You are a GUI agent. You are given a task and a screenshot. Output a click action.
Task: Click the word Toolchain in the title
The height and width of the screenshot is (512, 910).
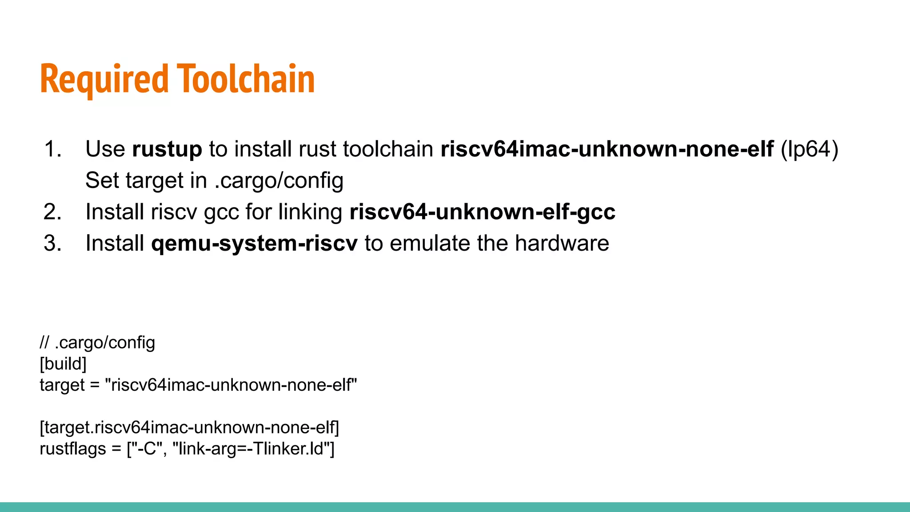point(246,79)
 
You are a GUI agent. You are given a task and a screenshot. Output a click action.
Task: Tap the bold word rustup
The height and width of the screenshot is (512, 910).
point(167,149)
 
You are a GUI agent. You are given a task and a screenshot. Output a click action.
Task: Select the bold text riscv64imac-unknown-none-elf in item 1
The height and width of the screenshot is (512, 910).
point(607,149)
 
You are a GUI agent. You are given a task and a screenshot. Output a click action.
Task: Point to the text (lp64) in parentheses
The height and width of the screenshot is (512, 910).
point(809,149)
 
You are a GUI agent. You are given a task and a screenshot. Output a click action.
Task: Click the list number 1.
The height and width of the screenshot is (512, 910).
point(53,149)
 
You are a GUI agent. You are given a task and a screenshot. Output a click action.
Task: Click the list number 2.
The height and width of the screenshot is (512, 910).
point(53,212)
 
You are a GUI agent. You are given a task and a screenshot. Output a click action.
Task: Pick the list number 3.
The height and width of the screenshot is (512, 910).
point(53,244)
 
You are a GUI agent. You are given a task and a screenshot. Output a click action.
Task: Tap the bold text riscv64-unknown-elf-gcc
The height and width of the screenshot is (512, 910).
point(483,212)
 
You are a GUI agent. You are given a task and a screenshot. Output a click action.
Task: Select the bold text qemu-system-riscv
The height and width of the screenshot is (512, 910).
point(254,244)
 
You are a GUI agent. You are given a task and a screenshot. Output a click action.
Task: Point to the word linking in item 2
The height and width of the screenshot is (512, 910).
point(310,212)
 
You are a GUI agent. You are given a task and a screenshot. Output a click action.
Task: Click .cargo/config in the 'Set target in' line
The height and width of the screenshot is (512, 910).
point(279,180)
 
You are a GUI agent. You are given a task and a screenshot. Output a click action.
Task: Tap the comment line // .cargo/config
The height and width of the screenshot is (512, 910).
point(97,343)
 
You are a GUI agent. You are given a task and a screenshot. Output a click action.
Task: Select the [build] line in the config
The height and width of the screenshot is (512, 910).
point(63,364)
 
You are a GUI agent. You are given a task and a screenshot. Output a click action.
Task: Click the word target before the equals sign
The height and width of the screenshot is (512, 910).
point(62,385)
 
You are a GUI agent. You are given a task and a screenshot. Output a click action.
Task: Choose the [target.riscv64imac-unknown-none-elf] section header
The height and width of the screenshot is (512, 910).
point(189,428)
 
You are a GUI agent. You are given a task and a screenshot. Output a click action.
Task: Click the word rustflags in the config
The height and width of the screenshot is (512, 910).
point(73,449)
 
